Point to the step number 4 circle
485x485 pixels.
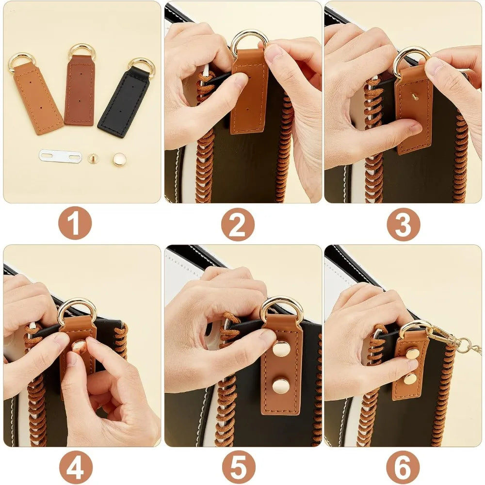75,467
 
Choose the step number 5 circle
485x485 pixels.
238,467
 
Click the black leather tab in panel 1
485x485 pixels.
124,103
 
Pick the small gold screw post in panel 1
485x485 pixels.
93,158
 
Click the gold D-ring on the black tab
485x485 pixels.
141,66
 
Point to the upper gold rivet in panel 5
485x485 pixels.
281,348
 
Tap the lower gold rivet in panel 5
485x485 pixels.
281,386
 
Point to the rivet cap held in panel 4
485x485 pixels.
79,346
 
